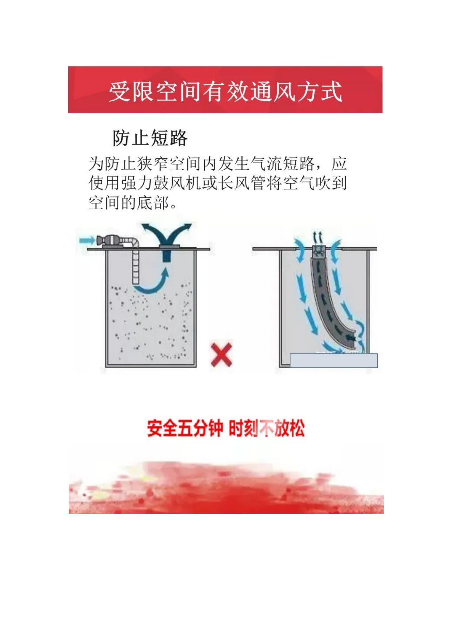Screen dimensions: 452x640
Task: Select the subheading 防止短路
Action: click(x=150, y=138)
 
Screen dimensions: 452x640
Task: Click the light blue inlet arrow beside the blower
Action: click(x=87, y=240)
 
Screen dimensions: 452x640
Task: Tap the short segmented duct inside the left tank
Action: click(x=136, y=266)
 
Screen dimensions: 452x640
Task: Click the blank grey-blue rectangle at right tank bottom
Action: click(x=334, y=360)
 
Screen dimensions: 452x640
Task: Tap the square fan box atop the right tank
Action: click(x=318, y=251)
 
